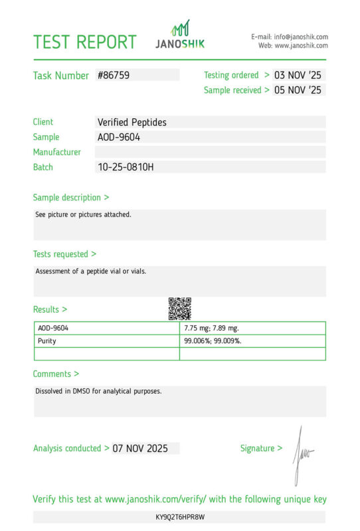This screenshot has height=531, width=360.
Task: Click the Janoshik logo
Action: pyautogui.click(x=180, y=35)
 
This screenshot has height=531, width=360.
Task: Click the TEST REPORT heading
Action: pyautogui.click(x=84, y=42)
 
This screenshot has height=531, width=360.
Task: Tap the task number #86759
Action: pyautogui.click(x=114, y=76)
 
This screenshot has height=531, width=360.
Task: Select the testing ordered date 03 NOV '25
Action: pyautogui.click(x=298, y=76)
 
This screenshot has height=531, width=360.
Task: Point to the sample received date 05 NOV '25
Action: pyautogui.click(x=298, y=90)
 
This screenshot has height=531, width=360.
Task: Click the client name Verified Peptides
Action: pyautogui.click(x=132, y=122)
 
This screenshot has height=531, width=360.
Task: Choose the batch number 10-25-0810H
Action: pyautogui.click(x=126, y=167)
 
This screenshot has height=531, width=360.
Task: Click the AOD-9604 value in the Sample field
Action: pyautogui.click(x=119, y=137)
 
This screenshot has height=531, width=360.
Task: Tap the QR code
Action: pyautogui.click(x=179, y=308)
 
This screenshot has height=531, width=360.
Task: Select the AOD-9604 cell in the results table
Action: pyautogui.click(x=53, y=328)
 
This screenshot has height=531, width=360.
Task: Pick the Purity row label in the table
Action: pyautogui.click(x=47, y=341)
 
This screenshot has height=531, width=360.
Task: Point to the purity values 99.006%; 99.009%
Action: pyautogui.click(x=213, y=341)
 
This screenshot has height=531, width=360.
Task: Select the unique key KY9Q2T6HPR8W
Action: pyautogui.click(x=179, y=516)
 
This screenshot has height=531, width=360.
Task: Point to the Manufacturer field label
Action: pyautogui.click(x=57, y=152)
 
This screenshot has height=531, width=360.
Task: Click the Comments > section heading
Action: pyautogui.click(x=56, y=374)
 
